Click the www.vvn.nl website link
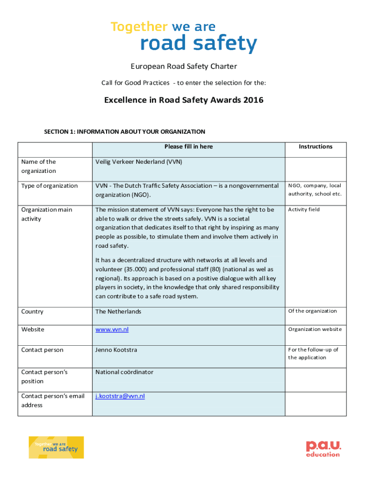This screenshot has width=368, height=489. tap(112, 330)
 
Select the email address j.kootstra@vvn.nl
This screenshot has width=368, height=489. tap(120, 396)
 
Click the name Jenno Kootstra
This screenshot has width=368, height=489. tap(116, 350)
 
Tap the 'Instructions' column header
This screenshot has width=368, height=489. tap(315, 147)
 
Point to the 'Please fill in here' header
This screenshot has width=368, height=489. tap(188, 147)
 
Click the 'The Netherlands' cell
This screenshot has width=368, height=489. tap(118, 312)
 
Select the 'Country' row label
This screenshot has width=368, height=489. tap(32, 312)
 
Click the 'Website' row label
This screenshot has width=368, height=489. tap(32, 330)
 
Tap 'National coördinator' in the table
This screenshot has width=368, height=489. tap(124, 372)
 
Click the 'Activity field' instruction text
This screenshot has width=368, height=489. tap(303, 210)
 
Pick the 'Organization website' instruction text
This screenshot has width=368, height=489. tap(314, 330)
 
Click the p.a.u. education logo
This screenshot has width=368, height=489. tap(324, 448)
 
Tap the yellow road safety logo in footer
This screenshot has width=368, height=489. tap(56, 447)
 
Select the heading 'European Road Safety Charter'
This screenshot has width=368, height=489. tap(184, 66)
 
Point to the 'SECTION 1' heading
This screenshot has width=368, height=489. tap(124, 132)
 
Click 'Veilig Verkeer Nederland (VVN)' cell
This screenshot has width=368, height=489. tap(139, 162)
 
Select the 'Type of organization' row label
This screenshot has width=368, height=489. tap(49, 186)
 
